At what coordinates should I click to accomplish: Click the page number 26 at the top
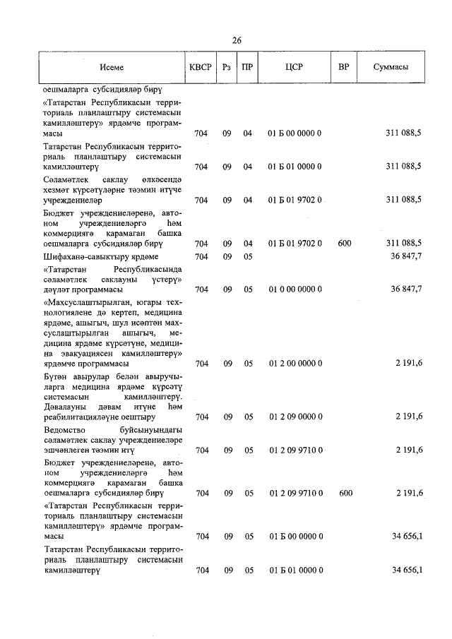coord(236,40)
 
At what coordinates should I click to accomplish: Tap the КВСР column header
coord(201,67)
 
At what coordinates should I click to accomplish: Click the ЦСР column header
coord(295,67)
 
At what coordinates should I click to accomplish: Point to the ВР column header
coord(344,67)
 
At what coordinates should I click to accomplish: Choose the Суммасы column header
coord(390,67)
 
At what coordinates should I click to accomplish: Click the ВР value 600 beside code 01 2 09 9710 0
coord(345,493)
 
